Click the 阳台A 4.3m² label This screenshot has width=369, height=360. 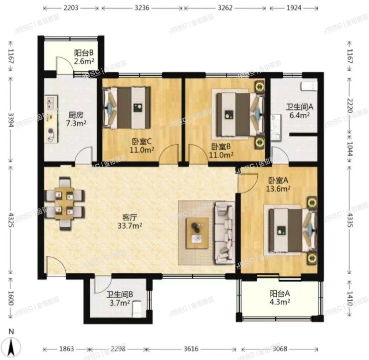[x=280, y=297]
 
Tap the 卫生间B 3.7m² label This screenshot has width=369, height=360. [x=118, y=299]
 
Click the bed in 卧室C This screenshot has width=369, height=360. [x=127, y=107]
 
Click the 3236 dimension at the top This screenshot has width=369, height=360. [x=142, y=8]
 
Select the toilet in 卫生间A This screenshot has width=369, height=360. [x=309, y=85]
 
